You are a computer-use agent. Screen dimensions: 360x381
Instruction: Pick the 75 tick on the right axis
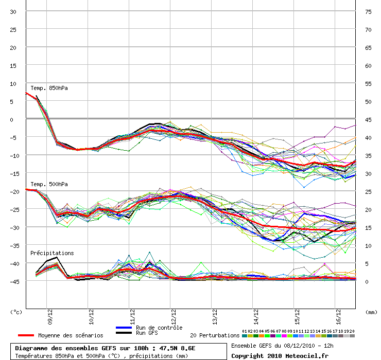tap(368, 11)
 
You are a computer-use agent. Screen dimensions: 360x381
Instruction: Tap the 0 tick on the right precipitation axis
tap(367, 281)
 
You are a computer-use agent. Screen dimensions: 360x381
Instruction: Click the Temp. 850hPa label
tap(49, 88)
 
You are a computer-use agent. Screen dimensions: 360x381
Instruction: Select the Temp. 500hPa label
tap(49, 184)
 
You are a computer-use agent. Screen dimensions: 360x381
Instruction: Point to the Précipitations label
tap(52, 253)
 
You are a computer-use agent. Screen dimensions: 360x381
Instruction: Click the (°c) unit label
tap(16, 312)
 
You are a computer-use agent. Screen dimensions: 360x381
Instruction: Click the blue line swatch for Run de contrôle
tap(124, 328)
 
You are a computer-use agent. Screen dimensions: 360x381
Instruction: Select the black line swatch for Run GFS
tap(124, 333)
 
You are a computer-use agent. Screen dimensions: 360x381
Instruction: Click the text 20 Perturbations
tap(215, 335)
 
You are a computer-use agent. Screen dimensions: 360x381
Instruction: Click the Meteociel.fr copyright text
tap(280, 355)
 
